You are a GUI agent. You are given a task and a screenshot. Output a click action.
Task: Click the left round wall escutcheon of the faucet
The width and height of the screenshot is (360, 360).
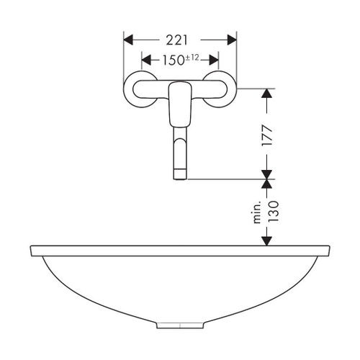pos(139,90)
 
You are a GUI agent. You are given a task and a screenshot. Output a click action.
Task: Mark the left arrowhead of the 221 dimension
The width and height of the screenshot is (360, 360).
pos(127,38)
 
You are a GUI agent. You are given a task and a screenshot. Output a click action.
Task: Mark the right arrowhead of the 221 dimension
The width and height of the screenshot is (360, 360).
pos(233,38)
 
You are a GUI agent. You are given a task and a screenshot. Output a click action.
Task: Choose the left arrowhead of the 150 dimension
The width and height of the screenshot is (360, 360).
pos(145,60)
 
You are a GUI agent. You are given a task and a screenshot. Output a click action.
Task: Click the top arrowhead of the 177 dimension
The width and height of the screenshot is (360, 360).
pos(268,93)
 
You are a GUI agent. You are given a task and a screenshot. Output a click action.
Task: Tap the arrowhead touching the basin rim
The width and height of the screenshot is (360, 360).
pos(268,242)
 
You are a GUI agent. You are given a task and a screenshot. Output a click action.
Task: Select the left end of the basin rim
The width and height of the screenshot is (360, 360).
pos(32,251)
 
